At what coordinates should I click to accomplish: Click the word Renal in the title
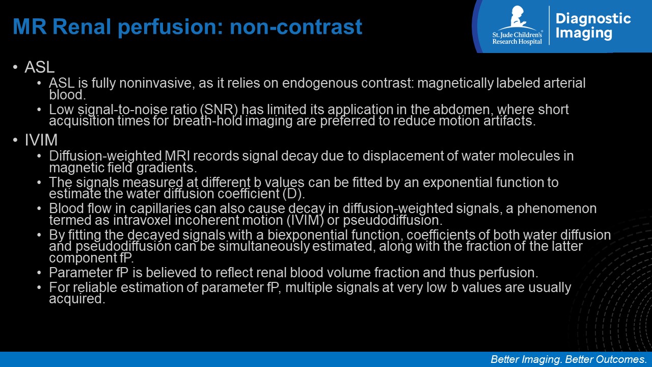[x=82, y=27]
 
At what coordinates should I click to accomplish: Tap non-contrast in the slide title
[x=296, y=27]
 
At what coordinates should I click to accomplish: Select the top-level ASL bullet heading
[x=40, y=67]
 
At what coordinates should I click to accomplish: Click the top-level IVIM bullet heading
[x=41, y=140]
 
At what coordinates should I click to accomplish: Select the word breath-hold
[x=207, y=121]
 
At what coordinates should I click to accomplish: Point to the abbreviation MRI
[x=177, y=156]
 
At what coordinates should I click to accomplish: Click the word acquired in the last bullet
[x=77, y=299]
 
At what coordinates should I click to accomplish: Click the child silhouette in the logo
[x=519, y=17]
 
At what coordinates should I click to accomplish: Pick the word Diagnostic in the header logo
[x=593, y=19]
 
